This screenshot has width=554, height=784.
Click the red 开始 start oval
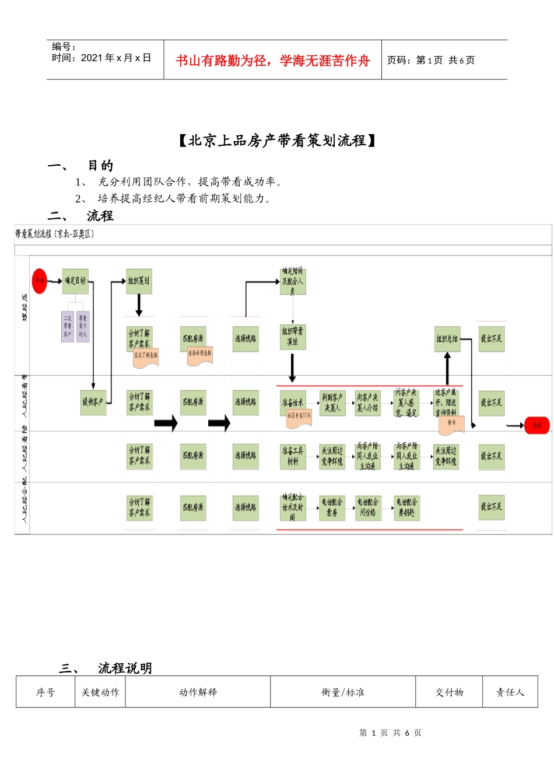[x=39, y=281]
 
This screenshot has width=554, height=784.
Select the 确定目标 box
[x=75, y=281]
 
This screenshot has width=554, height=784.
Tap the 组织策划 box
[x=139, y=281]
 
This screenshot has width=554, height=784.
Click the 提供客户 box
[x=93, y=402]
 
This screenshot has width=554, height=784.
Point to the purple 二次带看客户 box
[x=68, y=326]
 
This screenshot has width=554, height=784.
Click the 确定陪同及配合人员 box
[x=292, y=281]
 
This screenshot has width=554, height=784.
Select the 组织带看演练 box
[x=292, y=337]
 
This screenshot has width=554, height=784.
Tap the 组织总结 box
[x=447, y=339]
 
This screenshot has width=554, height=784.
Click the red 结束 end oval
[x=537, y=425]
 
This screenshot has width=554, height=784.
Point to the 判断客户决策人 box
[x=331, y=402]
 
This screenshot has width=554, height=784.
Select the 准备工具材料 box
[x=292, y=456]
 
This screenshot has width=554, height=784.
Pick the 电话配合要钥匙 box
[x=406, y=508]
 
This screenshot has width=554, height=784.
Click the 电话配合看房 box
[x=331, y=508]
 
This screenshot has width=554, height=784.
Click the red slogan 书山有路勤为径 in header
[x=272, y=61]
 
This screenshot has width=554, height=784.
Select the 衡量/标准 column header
[x=343, y=692]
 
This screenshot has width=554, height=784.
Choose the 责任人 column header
[x=510, y=692]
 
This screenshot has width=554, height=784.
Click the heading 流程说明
[x=125, y=668]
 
